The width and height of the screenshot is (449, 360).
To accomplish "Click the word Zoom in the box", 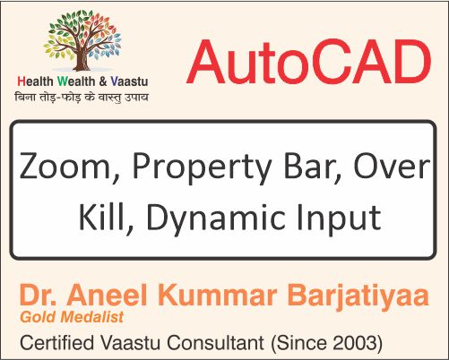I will (59, 168).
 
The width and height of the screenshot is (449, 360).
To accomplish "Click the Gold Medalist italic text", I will (68, 317).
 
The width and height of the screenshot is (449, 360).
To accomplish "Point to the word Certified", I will (56, 341).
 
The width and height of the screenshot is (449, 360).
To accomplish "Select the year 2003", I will (356, 341).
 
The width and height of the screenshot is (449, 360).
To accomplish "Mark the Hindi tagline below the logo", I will (82, 96).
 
